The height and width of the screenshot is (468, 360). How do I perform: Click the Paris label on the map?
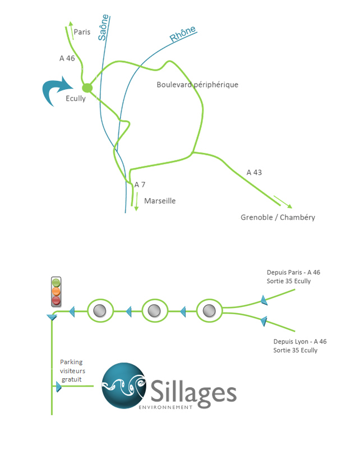(x=82, y=32)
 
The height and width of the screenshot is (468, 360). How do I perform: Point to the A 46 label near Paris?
(x=67, y=58)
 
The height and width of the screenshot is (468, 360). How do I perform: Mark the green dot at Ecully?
(x=87, y=88)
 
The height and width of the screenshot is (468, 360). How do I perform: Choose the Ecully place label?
(x=76, y=99)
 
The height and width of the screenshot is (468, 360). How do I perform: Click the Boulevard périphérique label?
(x=197, y=85)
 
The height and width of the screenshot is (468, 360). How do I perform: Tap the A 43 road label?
(x=254, y=172)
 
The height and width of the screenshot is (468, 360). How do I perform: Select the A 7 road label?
(x=140, y=184)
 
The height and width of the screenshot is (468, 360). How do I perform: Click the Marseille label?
(x=160, y=200)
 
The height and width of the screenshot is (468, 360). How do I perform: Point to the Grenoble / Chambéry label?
(x=278, y=217)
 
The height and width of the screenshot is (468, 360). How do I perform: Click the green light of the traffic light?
(x=56, y=282)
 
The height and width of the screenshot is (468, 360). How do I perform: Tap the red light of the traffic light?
(x=56, y=301)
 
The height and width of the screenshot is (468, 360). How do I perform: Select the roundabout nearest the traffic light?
(x=100, y=310)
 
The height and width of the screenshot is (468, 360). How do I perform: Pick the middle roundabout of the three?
(x=155, y=310)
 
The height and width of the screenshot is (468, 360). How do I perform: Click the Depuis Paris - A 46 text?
(x=293, y=272)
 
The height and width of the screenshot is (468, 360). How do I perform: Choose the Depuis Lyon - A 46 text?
(x=299, y=341)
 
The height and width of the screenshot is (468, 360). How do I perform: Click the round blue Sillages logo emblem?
(x=124, y=385)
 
